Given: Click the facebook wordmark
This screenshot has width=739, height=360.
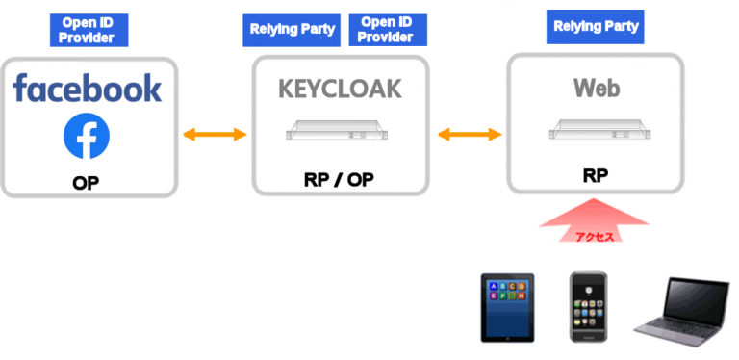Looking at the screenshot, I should click(x=88, y=89).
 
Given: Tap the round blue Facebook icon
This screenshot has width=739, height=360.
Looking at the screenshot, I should click(x=87, y=137).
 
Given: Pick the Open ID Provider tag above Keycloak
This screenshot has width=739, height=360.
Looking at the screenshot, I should click(x=385, y=29).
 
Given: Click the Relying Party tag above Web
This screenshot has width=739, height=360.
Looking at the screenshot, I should click(x=595, y=26).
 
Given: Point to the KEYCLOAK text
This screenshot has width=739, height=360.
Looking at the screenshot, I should click(x=340, y=90).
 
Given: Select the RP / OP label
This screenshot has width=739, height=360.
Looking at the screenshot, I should click(x=340, y=179).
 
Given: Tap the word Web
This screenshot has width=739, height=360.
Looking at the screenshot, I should click(x=597, y=89).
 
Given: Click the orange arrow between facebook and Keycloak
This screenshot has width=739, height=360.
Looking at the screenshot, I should click(x=216, y=134).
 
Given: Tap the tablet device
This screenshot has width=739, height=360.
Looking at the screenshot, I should click(x=509, y=307).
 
